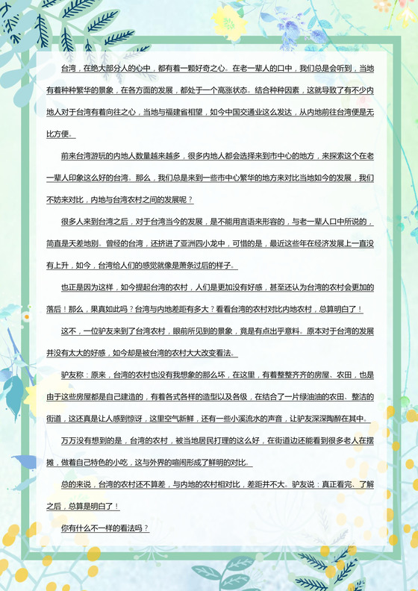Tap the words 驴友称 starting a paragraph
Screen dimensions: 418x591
[x=74, y=375]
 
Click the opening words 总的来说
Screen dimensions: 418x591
[x=77, y=484]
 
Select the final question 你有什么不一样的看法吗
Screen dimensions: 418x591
[x=104, y=528]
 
